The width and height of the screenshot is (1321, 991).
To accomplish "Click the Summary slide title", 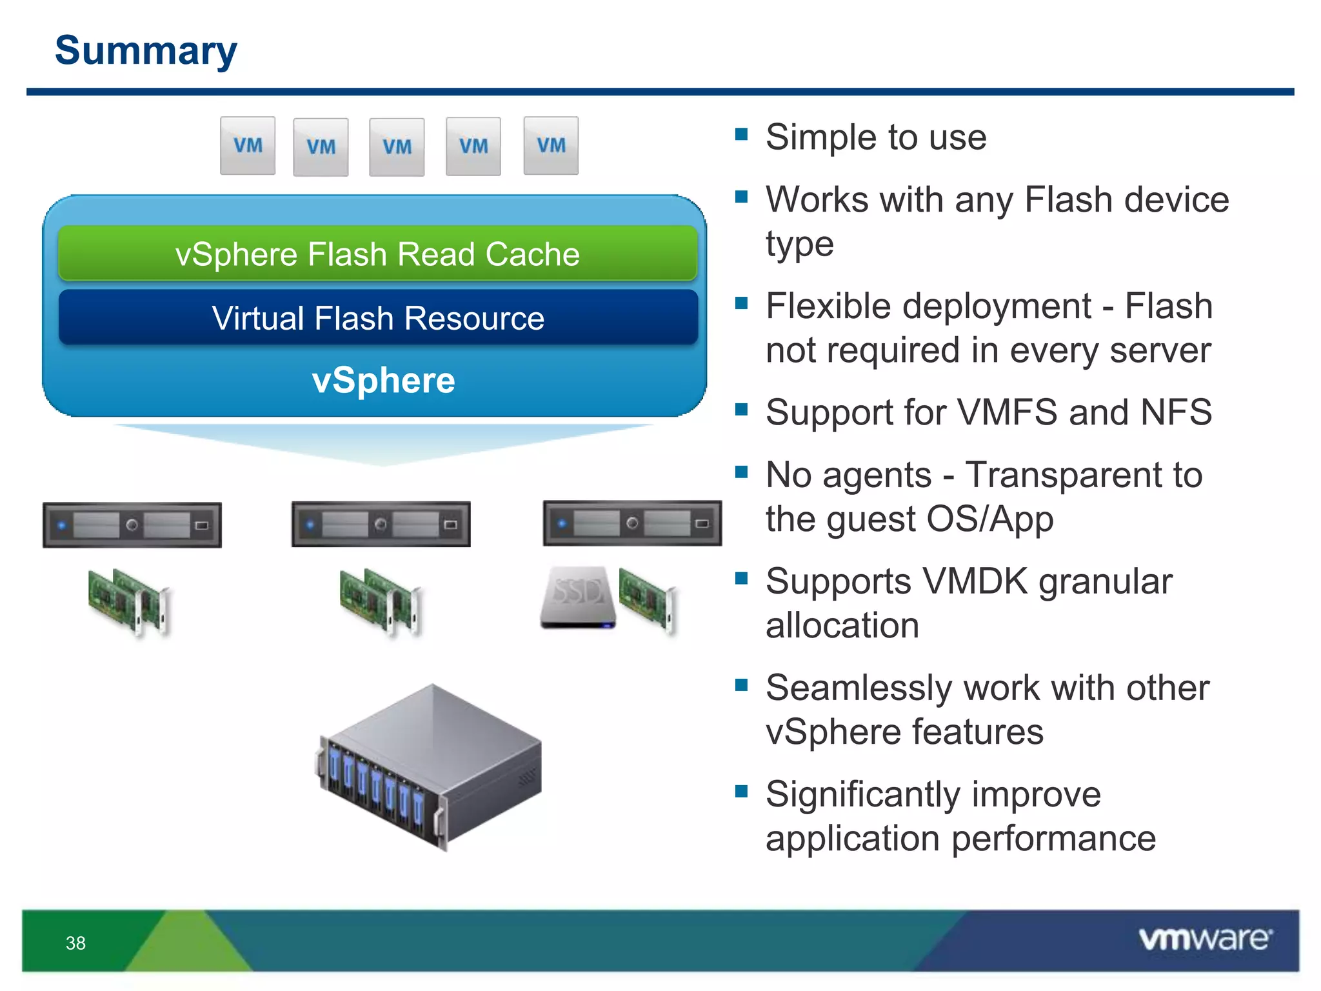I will (146, 50).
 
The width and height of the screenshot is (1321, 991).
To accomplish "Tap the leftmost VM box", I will (248, 146).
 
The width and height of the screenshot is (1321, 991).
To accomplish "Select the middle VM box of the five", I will (397, 147).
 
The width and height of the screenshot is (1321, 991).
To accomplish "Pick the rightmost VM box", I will (551, 146).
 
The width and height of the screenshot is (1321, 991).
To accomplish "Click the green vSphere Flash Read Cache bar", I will (377, 254).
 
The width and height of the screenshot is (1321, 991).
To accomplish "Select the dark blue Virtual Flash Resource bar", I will (377, 318).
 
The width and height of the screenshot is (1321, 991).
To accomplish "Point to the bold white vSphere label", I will (383, 380).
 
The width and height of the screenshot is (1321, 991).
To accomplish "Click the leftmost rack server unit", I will (132, 525).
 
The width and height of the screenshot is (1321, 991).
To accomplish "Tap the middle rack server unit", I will (381, 524).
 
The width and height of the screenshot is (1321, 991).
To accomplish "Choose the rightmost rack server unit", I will (632, 523).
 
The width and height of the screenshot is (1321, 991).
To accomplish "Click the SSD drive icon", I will (578, 597).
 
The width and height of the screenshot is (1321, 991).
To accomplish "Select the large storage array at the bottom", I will (431, 768).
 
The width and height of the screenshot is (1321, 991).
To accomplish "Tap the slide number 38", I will (75, 943).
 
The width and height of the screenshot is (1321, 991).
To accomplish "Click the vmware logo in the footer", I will (1205, 939).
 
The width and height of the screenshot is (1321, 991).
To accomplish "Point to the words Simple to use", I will (876, 137).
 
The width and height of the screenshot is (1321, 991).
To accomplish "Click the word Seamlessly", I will (859, 688).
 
